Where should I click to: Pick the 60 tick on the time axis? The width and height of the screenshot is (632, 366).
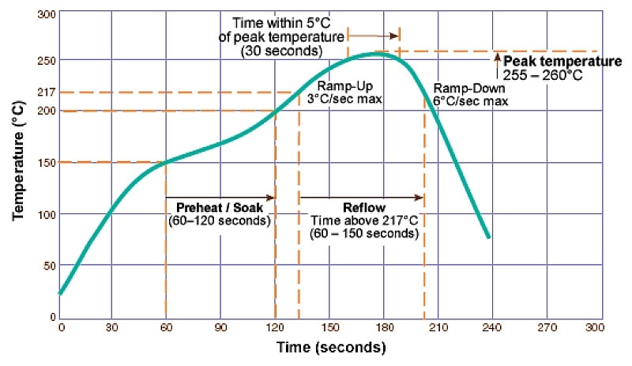pyautogui.click(x=166, y=326)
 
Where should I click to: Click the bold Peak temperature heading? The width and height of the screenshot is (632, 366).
pyautogui.click(x=562, y=62)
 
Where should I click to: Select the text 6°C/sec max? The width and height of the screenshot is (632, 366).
pyautogui.click(x=469, y=101)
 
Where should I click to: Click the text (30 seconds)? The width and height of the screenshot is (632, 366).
pyautogui.click(x=281, y=51)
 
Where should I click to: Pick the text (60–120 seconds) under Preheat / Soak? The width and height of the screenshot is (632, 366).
pyautogui.click(x=219, y=221)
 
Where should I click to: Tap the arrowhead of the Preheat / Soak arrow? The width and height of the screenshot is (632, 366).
pyautogui.click(x=271, y=198)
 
